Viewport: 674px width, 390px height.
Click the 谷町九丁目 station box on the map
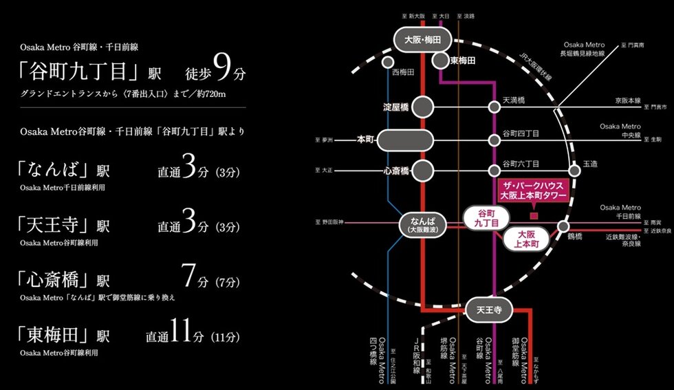tap(486, 218)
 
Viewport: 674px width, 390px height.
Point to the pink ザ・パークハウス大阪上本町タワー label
tap(534, 191)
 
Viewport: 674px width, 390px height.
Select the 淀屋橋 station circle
tap(423, 107)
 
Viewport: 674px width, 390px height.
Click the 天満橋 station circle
tap(494, 107)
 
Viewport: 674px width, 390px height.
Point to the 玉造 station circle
tap(575, 170)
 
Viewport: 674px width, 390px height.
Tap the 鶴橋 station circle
tap(563, 226)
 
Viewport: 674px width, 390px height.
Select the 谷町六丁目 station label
tap(521, 164)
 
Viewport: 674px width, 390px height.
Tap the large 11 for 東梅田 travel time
tap(179, 335)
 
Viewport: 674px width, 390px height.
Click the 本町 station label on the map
tap(364, 140)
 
